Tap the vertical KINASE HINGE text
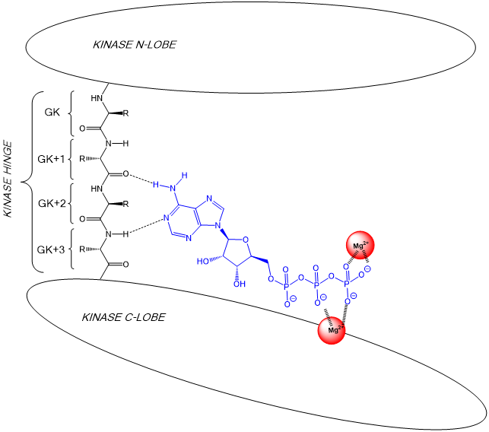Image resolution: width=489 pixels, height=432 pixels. (8, 179)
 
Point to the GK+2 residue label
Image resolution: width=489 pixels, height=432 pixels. (52, 204)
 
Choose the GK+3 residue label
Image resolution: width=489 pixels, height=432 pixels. (52, 249)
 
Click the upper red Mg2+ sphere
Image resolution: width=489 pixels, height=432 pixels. (362, 245)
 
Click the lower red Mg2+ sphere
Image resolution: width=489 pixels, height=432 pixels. (332, 330)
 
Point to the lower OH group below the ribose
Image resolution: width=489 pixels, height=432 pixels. (239, 284)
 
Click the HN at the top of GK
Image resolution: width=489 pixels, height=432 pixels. (97, 98)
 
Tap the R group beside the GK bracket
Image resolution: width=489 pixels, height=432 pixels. (126, 114)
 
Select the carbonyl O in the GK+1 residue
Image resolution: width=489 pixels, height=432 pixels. (125, 174)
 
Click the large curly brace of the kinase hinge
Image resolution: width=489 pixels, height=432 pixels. (29, 182)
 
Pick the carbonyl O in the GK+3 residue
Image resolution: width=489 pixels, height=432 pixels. (125, 265)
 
